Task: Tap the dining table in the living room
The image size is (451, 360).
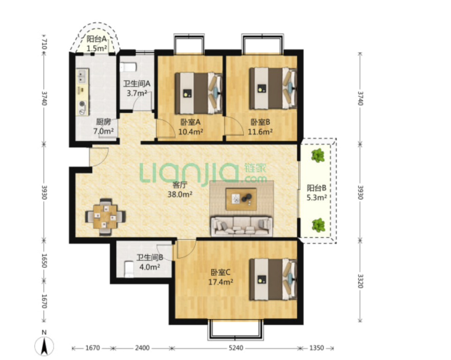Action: pyautogui.click(x=105, y=217)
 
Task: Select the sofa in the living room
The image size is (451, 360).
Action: pyautogui.click(x=242, y=226)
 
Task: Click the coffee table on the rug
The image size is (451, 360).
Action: pyautogui.click(x=241, y=199)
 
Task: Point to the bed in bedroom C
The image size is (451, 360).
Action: pyautogui.click(x=273, y=279)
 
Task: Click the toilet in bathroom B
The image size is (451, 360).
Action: pyautogui.click(x=129, y=270)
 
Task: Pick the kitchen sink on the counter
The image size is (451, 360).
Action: pyautogui.click(x=82, y=76)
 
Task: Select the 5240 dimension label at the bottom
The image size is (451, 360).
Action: pyautogui.click(x=236, y=348)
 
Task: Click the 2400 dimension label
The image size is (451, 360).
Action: pyautogui.click(x=142, y=348)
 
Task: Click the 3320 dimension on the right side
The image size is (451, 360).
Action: pyautogui.click(x=360, y=281)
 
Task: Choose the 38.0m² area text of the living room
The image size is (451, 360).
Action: pyautogui.click(x=180, y=194)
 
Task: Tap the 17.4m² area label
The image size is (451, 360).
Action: pyautogui.click(x=221, y=282)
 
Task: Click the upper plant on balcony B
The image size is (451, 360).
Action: pyautogui.click(x=318, y=155)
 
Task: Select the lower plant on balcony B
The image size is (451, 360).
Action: pyautogui.click(x=318, y=225)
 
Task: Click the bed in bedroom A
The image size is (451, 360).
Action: pyautogui.click(x=199, y=93)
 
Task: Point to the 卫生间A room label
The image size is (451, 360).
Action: pyautogui.click(x=137, y=84)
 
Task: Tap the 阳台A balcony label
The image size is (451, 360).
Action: pyautogui.click(x=96, y=39)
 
